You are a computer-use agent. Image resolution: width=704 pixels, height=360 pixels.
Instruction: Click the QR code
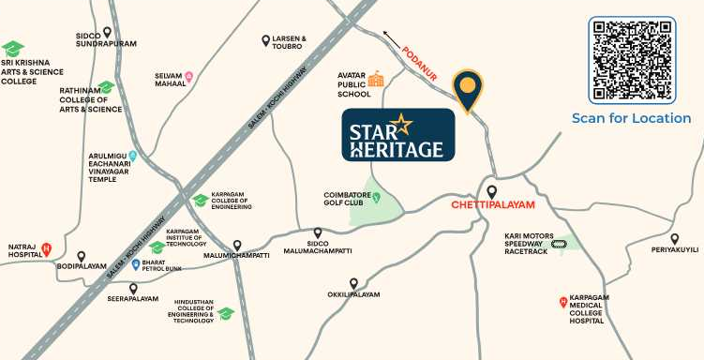pos(632,60)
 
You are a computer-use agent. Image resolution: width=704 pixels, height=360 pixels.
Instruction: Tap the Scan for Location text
pos(632,118)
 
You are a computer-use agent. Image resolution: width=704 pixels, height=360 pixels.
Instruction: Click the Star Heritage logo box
pos(397,135)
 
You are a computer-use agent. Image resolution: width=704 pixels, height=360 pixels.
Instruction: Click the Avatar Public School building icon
pos(376,79)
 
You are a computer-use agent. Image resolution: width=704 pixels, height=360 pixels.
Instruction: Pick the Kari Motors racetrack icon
pos(560,244)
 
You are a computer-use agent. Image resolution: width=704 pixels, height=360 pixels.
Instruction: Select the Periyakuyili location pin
pos(674,239)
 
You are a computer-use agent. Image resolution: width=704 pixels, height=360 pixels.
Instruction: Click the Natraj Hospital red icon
pos(47,248)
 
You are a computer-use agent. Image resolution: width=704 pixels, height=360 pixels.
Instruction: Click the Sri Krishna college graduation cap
pos(12,48)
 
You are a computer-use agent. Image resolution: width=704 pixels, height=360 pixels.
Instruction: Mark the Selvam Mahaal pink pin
pos(188,77)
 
